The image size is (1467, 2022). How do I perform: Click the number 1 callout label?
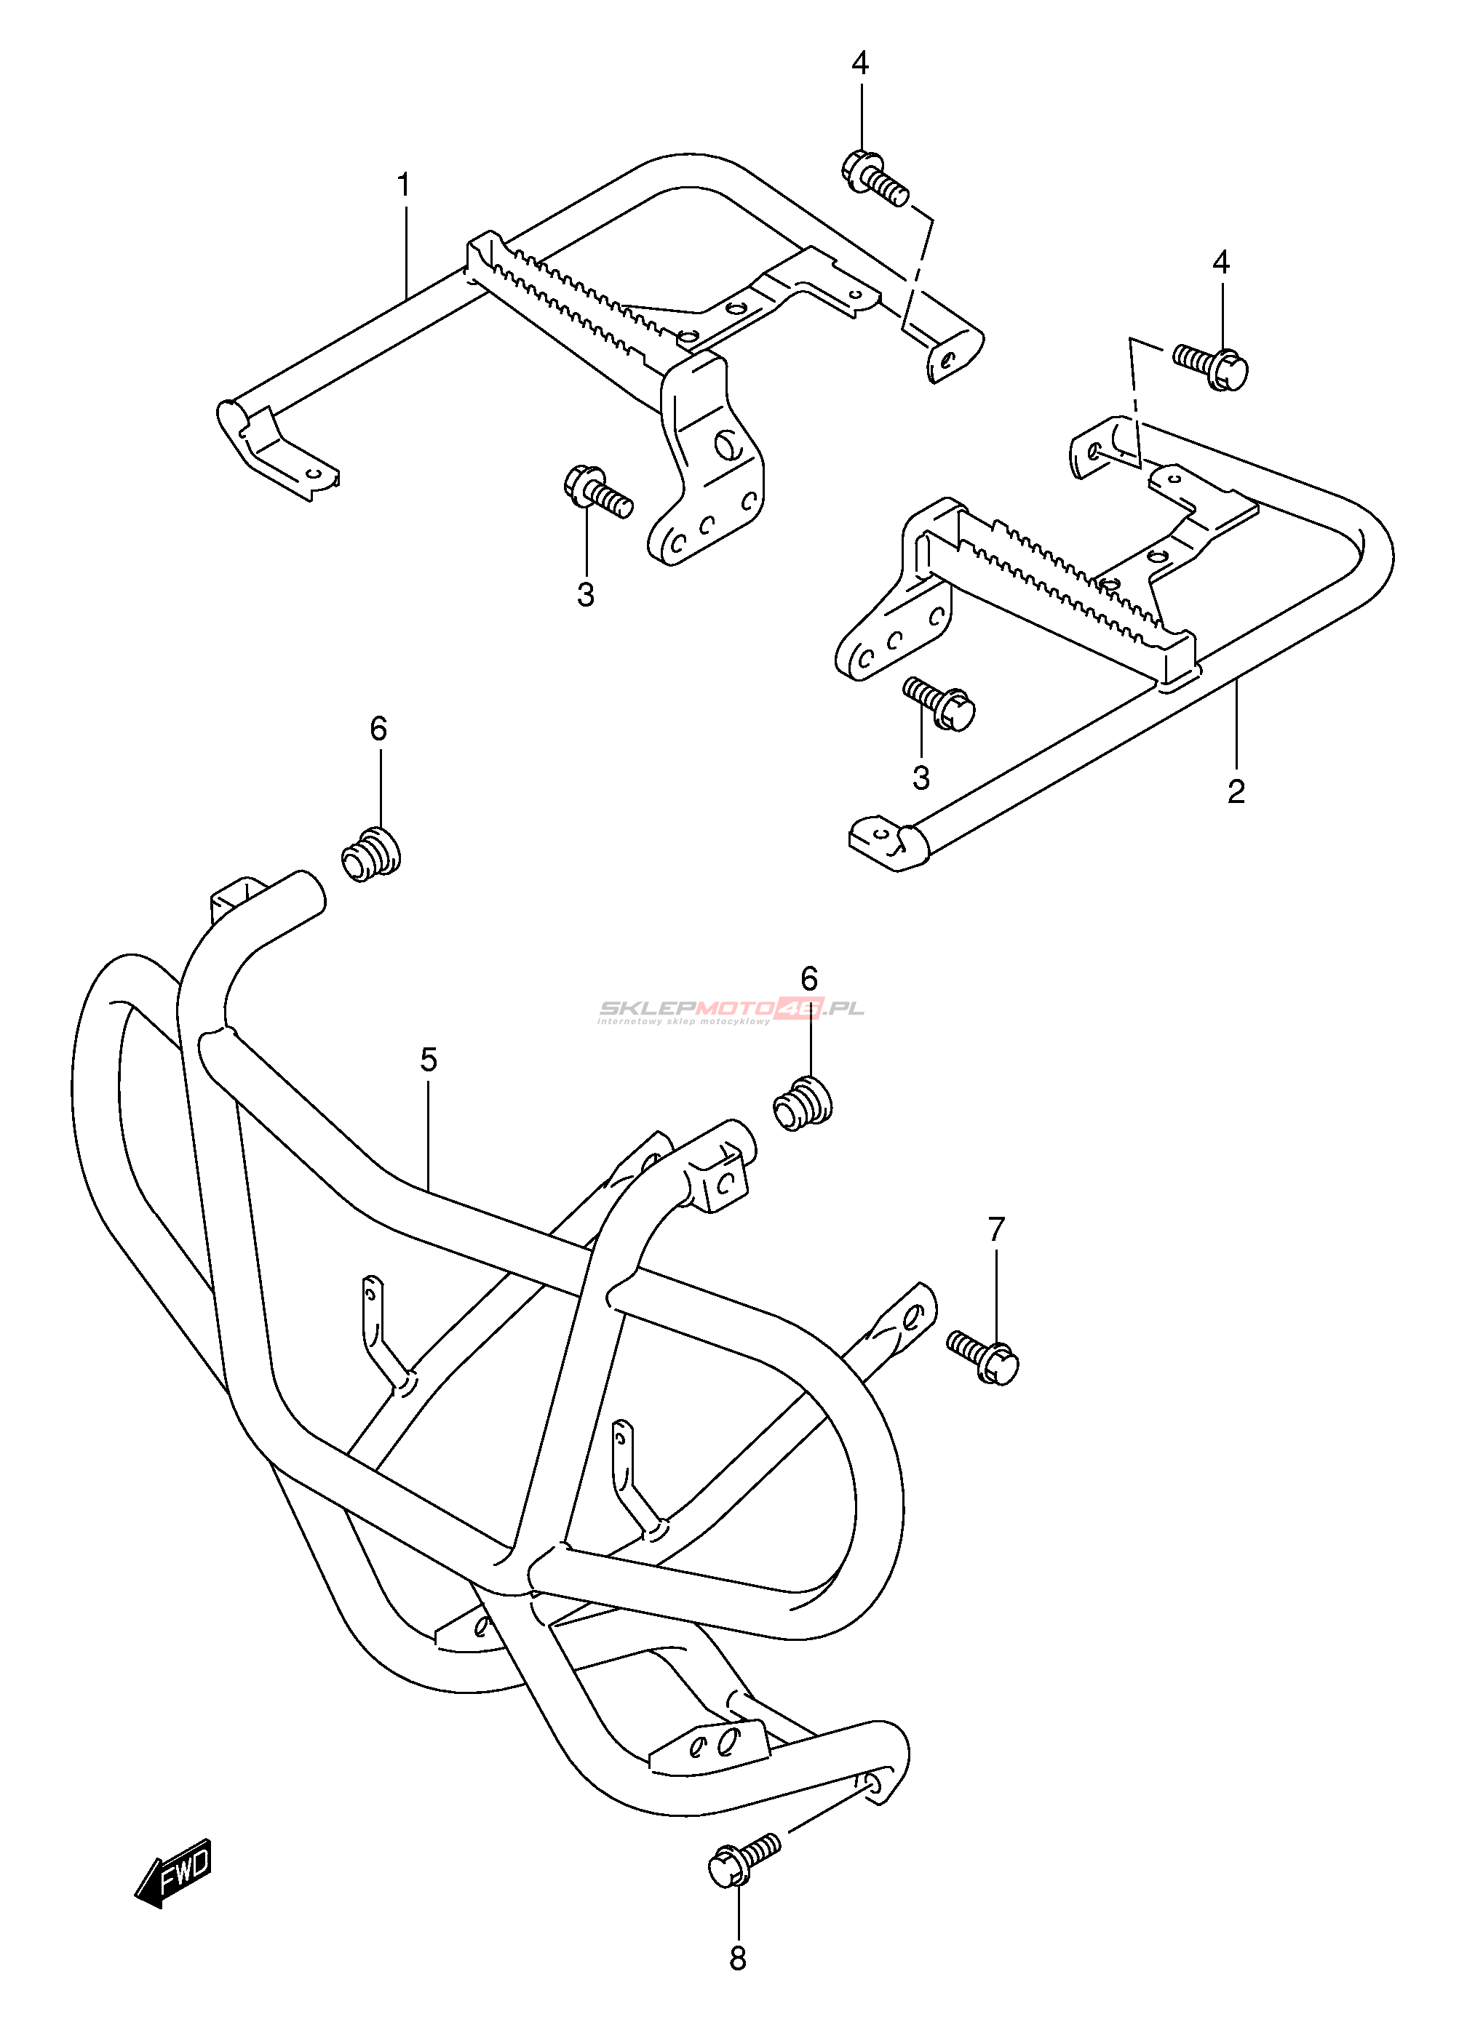click(404, 186)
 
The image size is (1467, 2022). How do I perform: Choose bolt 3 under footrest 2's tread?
click(939, 703)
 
